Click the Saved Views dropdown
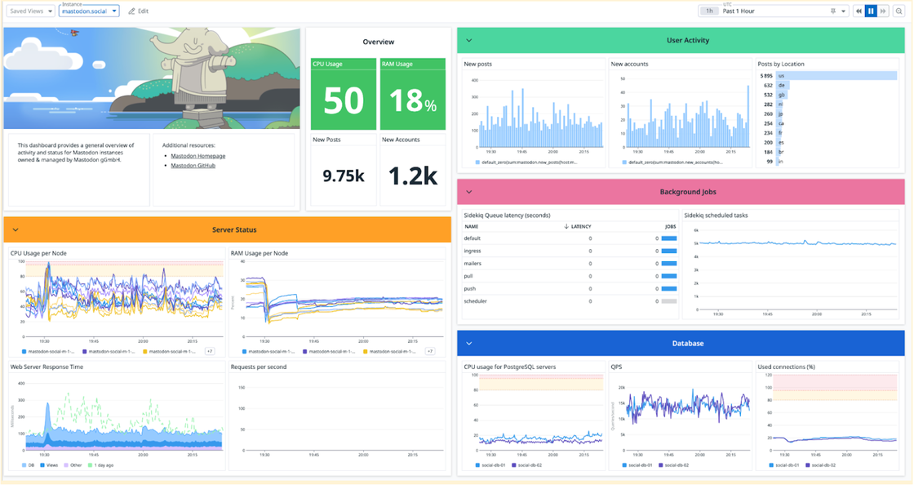click(x=31, y=11)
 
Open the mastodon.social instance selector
click(x=90, y=11)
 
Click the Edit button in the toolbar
click(x=139, y=11)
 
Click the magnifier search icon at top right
click(x=898, y=11)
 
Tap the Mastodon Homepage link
click(x=197, y=156)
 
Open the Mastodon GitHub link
click(x=193, y=166)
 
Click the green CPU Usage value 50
click(x=344, y=100)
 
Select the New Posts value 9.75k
click(x=344, y=176)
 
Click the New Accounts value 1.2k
click(x=413, y=176)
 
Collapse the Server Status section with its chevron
click(x=16, y=230)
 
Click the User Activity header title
click(x=687, y=40)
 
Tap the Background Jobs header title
click(x=687, y=192)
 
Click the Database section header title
click(x=687, y=343)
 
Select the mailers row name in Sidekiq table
click(x=473, y=264)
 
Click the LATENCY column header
click(x=580, y=226)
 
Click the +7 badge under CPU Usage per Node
click(x=210, y=352)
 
